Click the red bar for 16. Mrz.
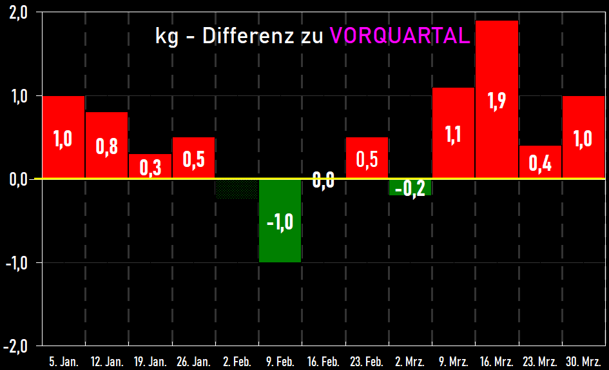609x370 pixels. [496, 64]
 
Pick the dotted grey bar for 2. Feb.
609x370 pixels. [237, 190]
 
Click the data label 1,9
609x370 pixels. [496, 102]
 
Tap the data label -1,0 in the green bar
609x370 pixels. [280, 222]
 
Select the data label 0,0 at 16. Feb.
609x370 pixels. [323, 180]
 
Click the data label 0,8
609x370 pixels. [106, 146]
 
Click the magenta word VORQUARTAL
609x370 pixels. [400, 36]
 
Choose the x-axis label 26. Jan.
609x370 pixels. [193, 362]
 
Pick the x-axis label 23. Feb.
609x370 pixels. [366, 362]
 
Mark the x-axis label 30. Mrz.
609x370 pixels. [583, 362]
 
